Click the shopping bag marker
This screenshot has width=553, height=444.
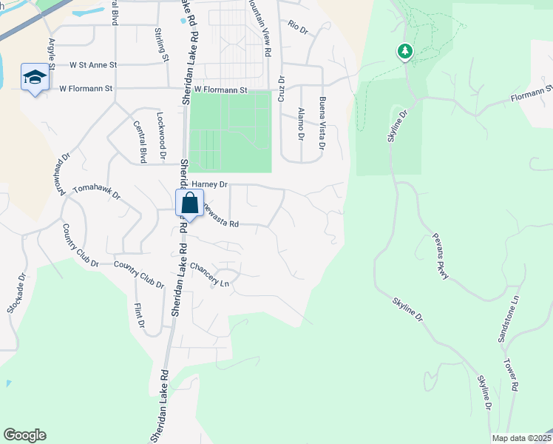pos(189,203)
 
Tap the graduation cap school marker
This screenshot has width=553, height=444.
pos(34,78)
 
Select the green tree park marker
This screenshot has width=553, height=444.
pos(404,52)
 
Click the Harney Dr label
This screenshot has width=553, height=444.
pos(211,184)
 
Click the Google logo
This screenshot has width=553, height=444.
pos(24,435)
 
